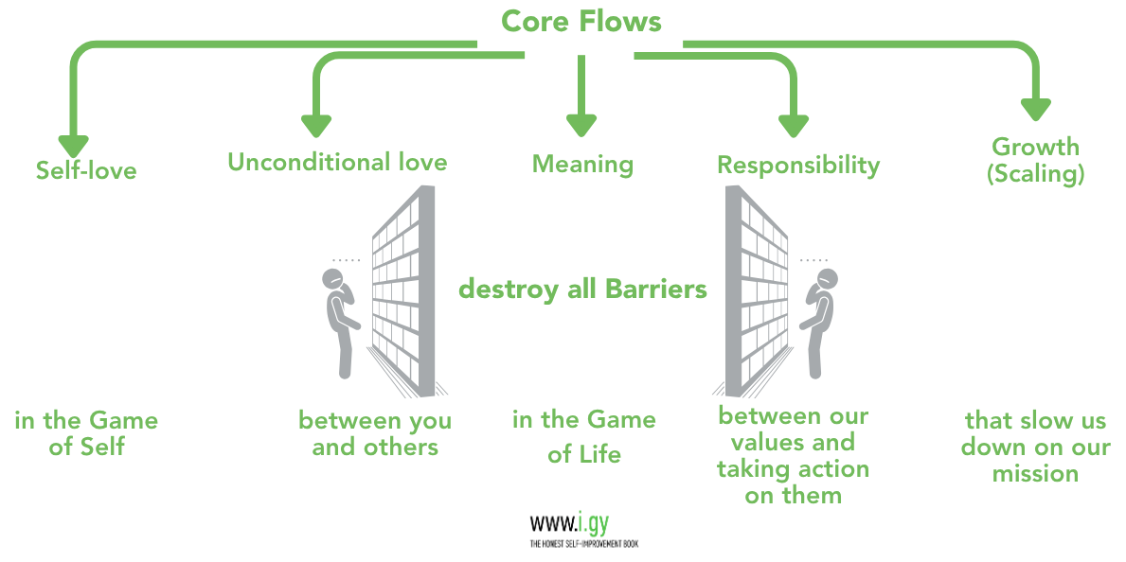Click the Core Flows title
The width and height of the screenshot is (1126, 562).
point(581,21)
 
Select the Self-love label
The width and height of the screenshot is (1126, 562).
point(86,171)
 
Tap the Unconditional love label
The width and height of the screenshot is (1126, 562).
point(337,163)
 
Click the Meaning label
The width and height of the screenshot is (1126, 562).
point(582,165)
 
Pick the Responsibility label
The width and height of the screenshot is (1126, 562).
point(798,166)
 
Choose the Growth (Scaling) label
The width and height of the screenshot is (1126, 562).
point(1036,160)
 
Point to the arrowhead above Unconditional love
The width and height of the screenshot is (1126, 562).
point(316,124)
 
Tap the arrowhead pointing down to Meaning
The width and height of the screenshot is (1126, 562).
point(581,124)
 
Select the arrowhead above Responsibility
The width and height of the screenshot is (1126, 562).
point(793,125)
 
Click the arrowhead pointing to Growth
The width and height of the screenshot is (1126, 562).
point(1035,107)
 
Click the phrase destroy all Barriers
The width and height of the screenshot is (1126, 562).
point(582,289)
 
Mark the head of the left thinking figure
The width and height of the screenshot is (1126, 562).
point(334,278)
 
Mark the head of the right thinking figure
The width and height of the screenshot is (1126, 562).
point(827,278)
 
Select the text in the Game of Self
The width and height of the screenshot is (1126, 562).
point(86,433)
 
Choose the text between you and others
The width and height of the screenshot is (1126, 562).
point(375,433)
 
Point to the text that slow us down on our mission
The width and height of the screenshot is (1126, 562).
point(1035,447)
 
